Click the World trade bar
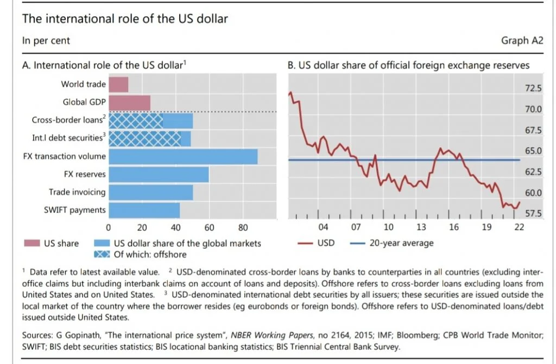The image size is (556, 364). [x=118, y=84]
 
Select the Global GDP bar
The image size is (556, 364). [x=129, y=102]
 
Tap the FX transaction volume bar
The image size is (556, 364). [x=183, y=156]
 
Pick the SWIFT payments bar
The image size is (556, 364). [x=144, y=210]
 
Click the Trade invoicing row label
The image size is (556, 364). [x=77, y=192]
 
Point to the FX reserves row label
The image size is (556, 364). [x=85, y=174]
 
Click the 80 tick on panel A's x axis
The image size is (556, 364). [x=243, y=228]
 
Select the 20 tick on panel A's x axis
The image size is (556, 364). [x=142, y=228]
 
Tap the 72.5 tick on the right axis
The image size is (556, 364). [x=532, y=89]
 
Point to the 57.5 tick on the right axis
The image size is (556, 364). [x=532, y=214]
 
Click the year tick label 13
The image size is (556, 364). [x=421, y=227]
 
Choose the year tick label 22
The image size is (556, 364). [x=519, y=227]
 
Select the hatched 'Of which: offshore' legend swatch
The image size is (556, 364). [x=102, y=254]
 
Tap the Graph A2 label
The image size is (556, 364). [x=522, y=40]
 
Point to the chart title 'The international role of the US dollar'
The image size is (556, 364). [x=124, y=18]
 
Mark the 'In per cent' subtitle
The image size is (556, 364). [x=46, y=40]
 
